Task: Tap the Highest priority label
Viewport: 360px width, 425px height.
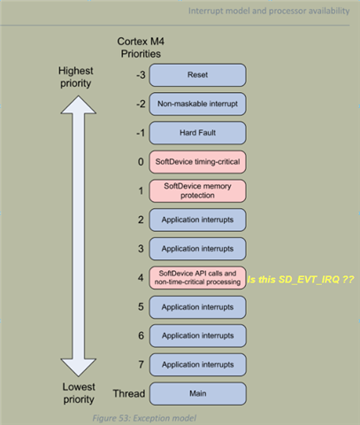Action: tap(56, 77)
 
